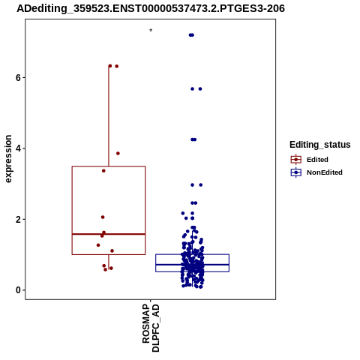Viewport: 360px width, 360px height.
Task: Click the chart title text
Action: click(151, 8)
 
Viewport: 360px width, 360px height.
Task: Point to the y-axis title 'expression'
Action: click(8, 159)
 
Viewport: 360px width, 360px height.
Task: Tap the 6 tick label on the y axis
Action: click(18, 77)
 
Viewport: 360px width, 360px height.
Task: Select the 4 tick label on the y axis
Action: click(18, 148)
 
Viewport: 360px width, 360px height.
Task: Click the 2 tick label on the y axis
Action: click(18, 220)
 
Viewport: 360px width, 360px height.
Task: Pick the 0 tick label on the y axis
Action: click(18, 290)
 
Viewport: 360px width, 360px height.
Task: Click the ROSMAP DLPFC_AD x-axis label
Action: click(151, 328)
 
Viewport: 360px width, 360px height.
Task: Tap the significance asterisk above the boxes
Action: click(151, 31)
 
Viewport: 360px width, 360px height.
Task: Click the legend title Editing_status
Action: click(320, 145)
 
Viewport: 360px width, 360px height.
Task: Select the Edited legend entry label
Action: click(317, 160)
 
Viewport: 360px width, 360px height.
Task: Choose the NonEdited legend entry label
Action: click(325, 172)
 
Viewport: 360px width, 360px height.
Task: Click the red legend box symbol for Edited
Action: click(296, 160)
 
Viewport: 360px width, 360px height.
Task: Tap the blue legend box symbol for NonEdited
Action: click(296, 172)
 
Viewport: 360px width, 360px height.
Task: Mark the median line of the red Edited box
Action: click(109, 234)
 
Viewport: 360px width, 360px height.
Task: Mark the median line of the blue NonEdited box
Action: click(193, 264)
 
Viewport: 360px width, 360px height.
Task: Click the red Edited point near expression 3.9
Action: click(118, 153)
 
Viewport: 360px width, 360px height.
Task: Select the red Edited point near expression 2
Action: click(103, 217)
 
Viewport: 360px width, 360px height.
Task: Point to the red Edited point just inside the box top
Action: click(103, 171)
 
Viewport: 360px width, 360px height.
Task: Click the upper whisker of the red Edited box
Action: click(109, 116)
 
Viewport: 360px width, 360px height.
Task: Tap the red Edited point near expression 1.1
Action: click(112, 250)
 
